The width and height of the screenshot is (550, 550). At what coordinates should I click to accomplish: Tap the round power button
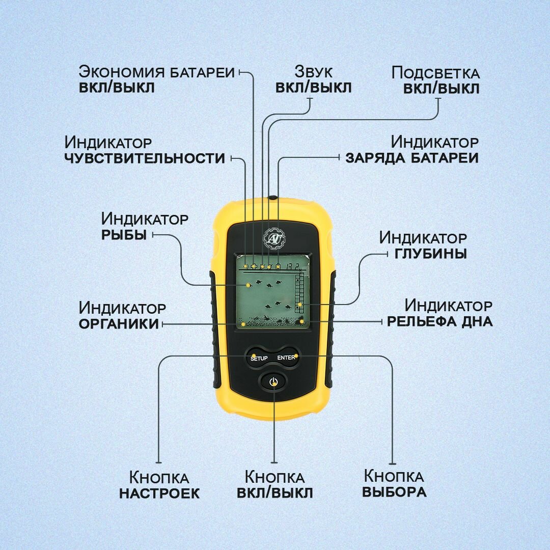tap(273, 381)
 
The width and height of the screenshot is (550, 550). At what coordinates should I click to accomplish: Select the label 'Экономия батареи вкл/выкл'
tap(157, 79)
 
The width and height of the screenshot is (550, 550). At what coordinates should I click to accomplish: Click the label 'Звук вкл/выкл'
tap(313, 79)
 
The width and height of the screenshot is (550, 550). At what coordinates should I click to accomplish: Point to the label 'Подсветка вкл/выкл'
tap(435, 80)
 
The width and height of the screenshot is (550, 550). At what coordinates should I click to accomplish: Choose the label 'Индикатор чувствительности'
tap(145, 150)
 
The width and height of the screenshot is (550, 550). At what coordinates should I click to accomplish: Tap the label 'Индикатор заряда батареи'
tap(413, 149)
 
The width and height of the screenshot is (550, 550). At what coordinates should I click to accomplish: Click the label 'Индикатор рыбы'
tap(145, 227)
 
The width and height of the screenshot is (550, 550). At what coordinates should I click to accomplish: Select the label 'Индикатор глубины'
tap(423, 245)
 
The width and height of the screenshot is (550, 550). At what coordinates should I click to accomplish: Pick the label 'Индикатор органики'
tap(122, 315)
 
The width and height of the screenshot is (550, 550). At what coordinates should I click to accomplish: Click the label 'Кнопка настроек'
tap(159, 485)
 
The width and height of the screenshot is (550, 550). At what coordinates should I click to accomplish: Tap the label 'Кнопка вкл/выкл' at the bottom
tap(275, 485)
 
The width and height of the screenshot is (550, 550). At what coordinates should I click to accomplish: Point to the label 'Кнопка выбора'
tap(394, 484)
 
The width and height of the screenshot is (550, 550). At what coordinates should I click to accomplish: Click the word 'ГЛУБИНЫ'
tap(431, 253)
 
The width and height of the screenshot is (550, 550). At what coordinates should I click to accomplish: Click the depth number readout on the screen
tap(292, 265)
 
